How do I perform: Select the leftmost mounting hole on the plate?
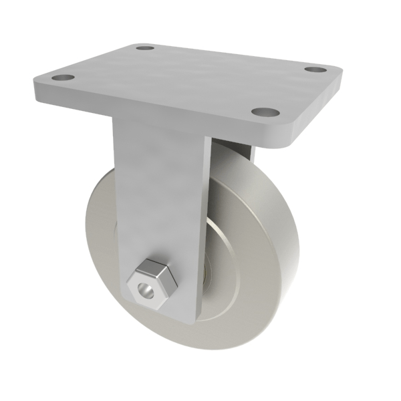point(63,78)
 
